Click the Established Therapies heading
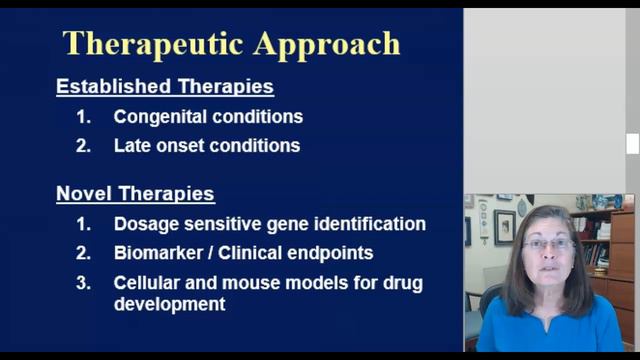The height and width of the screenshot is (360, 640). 164,87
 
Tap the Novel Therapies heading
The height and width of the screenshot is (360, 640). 135,194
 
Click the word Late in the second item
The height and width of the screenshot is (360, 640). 132,146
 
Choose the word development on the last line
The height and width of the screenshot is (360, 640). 168,304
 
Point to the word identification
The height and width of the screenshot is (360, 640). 373,225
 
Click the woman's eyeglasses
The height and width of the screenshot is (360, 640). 549,244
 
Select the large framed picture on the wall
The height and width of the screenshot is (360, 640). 505,228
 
